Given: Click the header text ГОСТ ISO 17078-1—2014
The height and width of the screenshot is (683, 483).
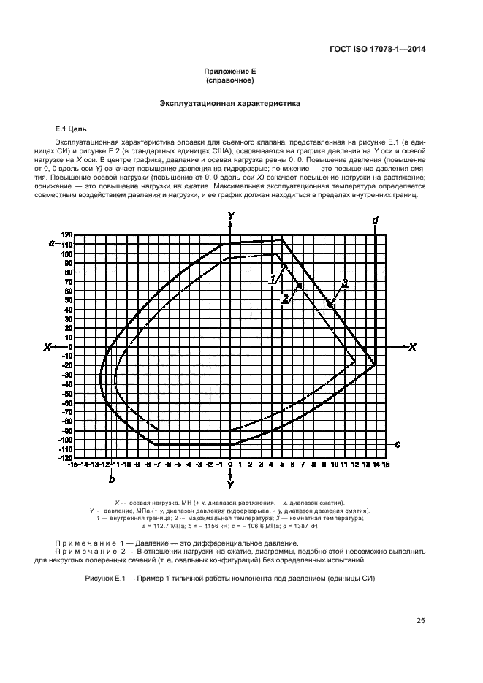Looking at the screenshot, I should [x=378, y=49].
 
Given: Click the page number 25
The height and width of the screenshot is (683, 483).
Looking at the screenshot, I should [x=420, y=621].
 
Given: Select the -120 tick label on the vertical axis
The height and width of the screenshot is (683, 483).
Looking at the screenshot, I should [x=66, y=457].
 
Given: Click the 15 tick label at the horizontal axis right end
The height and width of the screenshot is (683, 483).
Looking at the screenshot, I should [x=386, y=464].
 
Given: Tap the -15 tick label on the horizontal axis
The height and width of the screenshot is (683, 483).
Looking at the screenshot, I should [x=73, y=464].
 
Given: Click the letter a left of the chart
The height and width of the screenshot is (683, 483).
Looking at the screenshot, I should [x=51, y=243].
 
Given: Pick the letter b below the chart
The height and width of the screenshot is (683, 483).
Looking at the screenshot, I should [x=111, y=479].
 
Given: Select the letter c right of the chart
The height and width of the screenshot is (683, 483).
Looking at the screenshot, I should [x=398, y=443].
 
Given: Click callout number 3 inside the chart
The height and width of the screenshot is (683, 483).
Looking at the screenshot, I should [x=343, y=282].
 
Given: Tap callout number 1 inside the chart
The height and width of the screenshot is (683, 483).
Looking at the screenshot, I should [x=272, y=278].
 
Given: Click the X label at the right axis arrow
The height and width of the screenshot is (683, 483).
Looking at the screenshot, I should [x=411, y=347].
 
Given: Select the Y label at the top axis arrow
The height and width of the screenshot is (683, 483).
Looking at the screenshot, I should [x=230, y=215].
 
